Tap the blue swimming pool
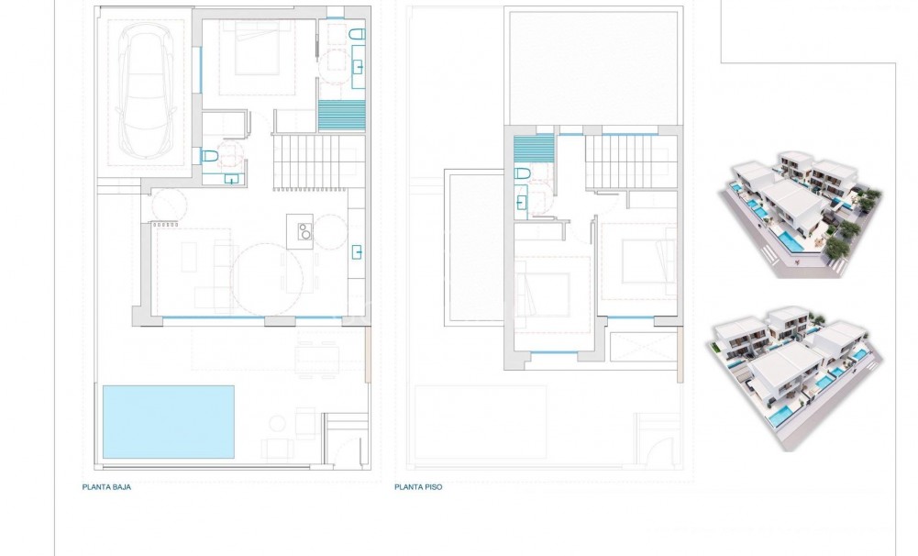point(168,421)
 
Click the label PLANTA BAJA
point(106,487)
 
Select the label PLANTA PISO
point(418,487)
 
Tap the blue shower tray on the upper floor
point(534,149)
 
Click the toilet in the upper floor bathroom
point(524,174)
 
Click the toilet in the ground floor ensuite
point(357,35)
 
